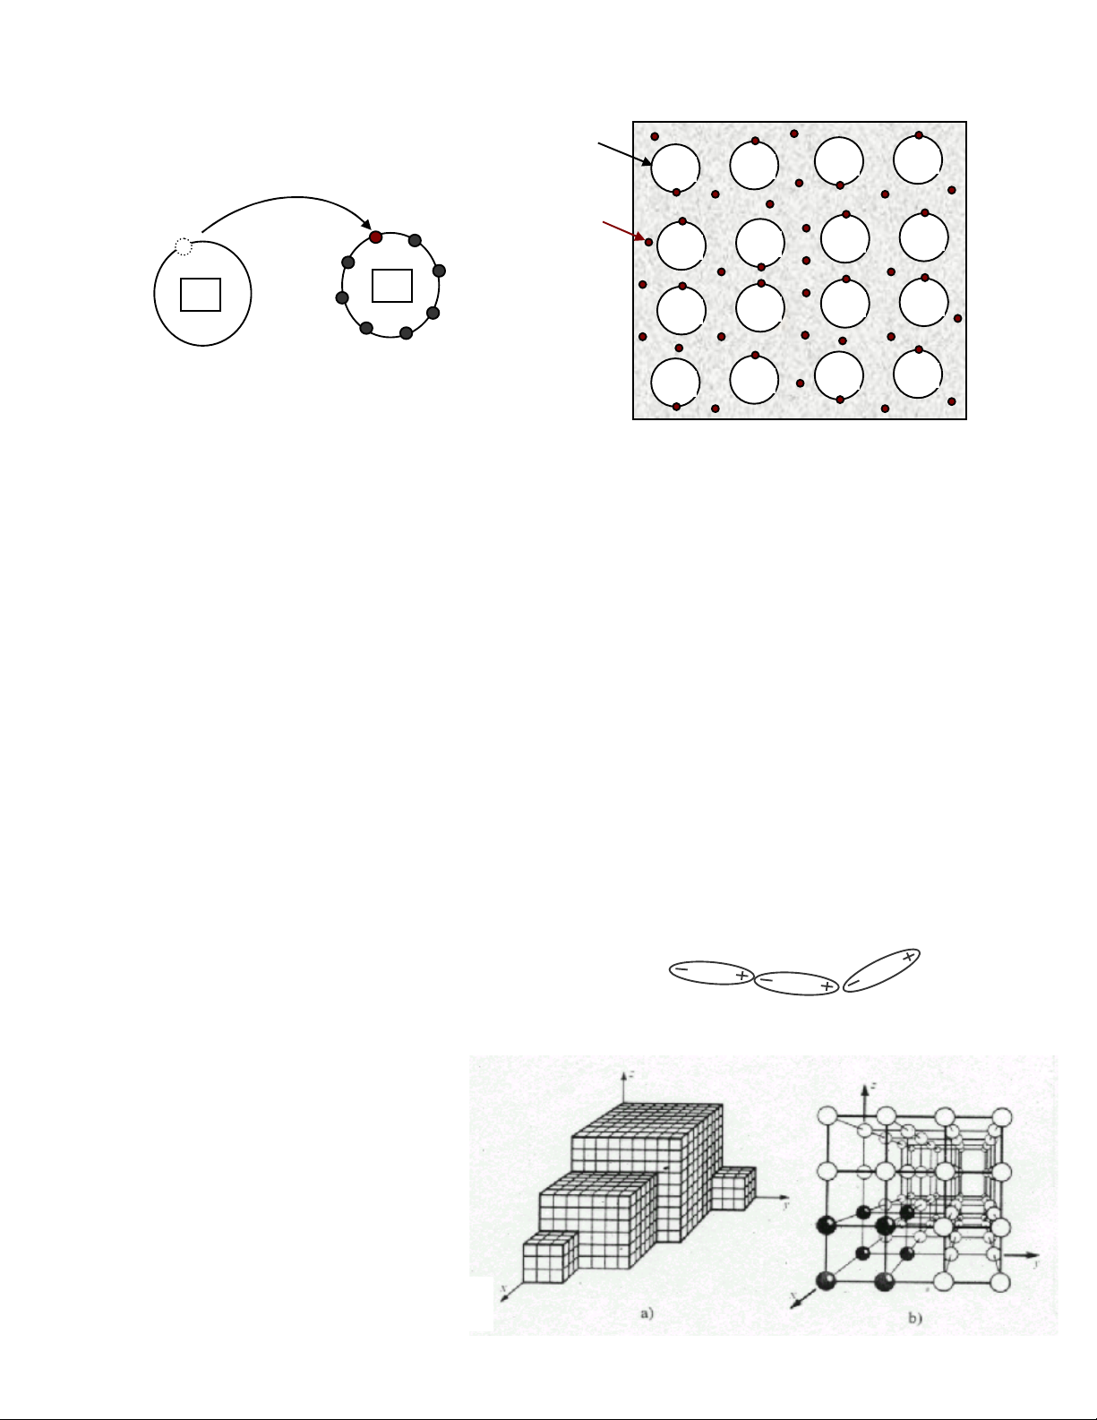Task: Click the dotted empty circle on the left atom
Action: coord(183,245)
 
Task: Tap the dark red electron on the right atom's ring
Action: coord(376,237)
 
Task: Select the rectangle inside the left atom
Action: coord(201,295)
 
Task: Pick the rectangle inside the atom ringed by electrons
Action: coord(391,286)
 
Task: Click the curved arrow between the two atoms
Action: coord(287,199)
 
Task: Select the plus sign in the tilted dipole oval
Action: coord(908,957)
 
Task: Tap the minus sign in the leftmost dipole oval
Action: coord(681,969)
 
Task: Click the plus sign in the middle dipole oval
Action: coord(826,986)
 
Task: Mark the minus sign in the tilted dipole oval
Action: coord(854,983)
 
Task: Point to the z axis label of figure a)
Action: coord(632,1072)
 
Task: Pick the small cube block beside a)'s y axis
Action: coord(733,1186)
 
